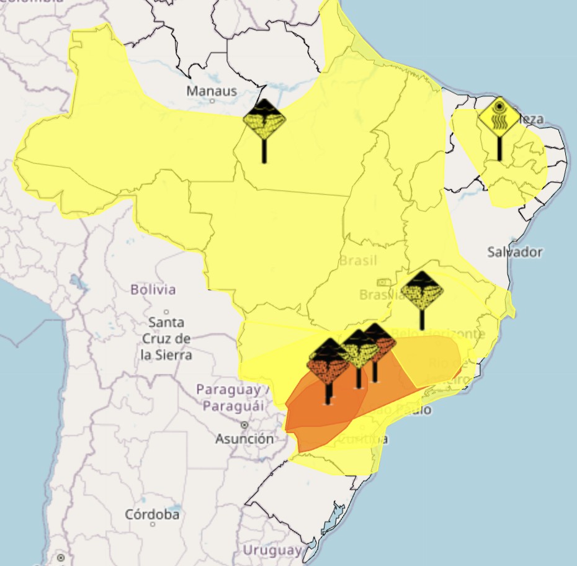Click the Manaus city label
point(212,91)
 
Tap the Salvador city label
point(514,252)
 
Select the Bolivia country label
point(153,289)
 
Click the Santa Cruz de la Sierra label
point(166,339)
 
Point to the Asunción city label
point(244,439)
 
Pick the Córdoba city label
point(152,514)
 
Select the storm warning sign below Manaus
point(264,119)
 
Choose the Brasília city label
point(381,294)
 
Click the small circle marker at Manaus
point(212,101)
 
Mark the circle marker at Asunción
point(244,425)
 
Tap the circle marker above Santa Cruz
point(166,312)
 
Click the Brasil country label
point(357,261)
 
